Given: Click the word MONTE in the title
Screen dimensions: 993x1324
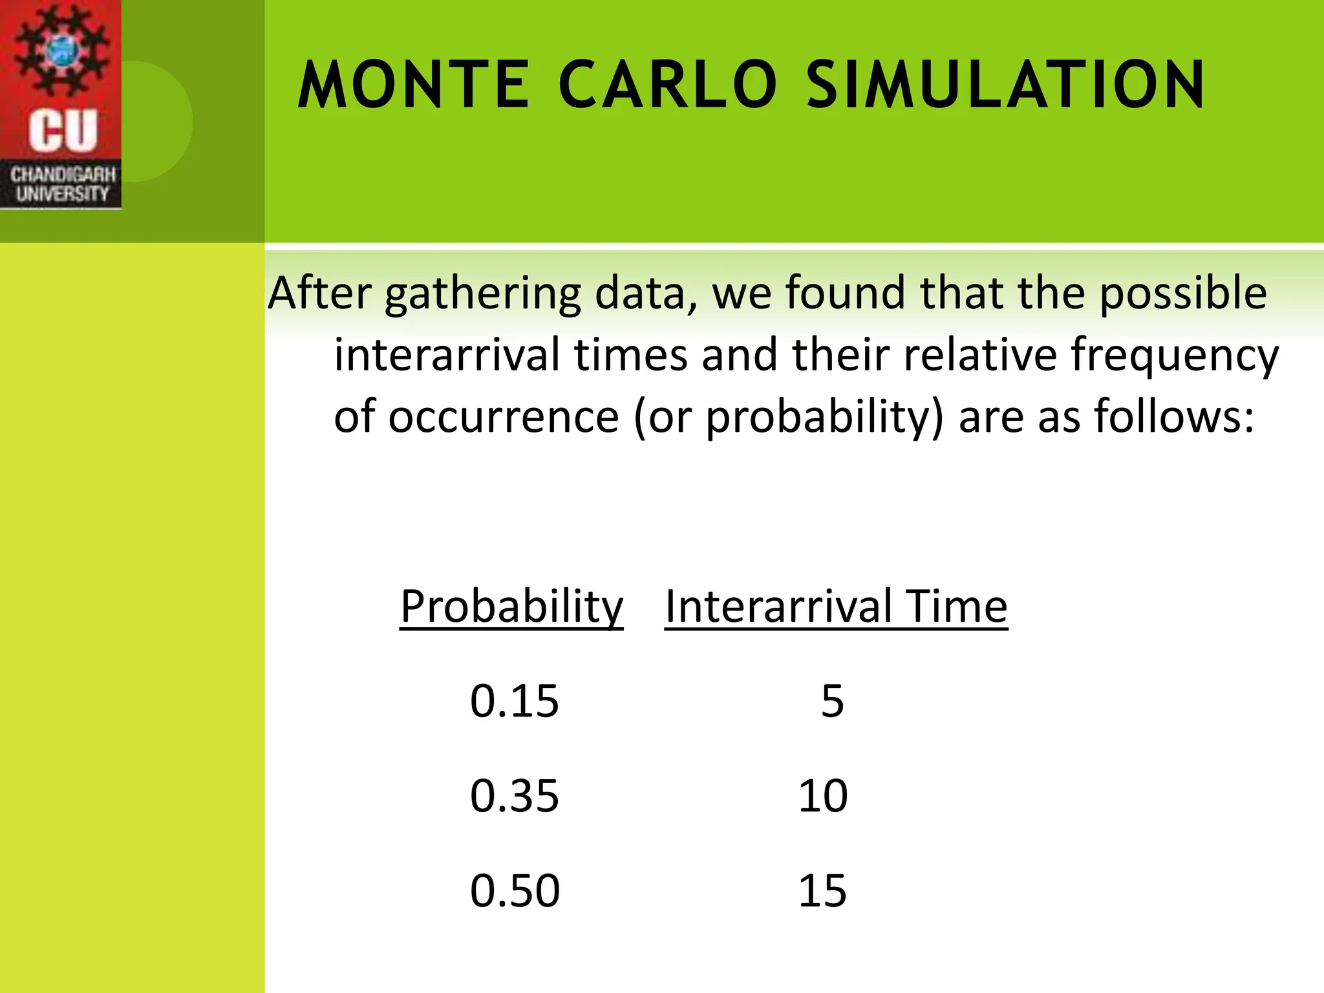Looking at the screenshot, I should pos(414,85).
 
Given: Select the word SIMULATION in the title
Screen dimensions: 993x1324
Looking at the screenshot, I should pos(1005,85).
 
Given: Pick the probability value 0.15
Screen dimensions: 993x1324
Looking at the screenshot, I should pos(514,701).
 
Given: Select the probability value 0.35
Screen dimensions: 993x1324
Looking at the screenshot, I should pos(514,795).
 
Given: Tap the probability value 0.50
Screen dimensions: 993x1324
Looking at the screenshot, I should pos(515,890).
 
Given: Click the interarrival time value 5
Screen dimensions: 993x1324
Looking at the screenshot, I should pos(832,701).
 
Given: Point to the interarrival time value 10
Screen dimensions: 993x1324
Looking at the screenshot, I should pos(822,795).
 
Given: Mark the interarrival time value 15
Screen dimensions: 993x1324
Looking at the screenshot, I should pos(822,890).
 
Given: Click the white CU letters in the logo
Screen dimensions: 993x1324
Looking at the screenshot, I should pos(62,131).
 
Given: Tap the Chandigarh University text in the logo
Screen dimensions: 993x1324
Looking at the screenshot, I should pos(62,184).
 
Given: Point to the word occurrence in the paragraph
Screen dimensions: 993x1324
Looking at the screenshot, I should pos(504,417).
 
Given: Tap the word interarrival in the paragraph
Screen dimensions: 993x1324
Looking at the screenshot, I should pos(447,356).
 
